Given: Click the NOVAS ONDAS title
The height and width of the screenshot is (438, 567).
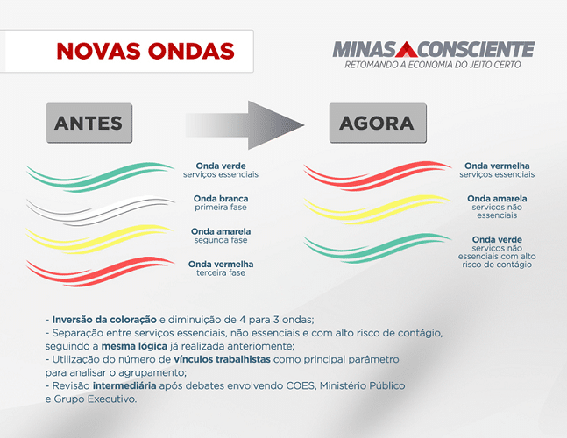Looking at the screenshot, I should [145, 51].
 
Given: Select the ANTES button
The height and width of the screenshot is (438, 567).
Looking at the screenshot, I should [88, 123].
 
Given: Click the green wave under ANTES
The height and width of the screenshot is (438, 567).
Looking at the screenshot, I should [101, 175].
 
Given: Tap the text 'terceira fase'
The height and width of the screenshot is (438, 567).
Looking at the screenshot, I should [221, 272].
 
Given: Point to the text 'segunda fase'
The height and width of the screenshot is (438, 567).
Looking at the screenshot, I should [222, 240].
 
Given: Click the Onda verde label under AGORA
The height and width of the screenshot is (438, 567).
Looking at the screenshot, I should [497, 239].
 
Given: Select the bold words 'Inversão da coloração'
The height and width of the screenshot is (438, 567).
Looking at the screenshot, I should [105, 320].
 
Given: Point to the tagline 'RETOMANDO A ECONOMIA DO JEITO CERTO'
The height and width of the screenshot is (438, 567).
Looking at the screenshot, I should [433, 65].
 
